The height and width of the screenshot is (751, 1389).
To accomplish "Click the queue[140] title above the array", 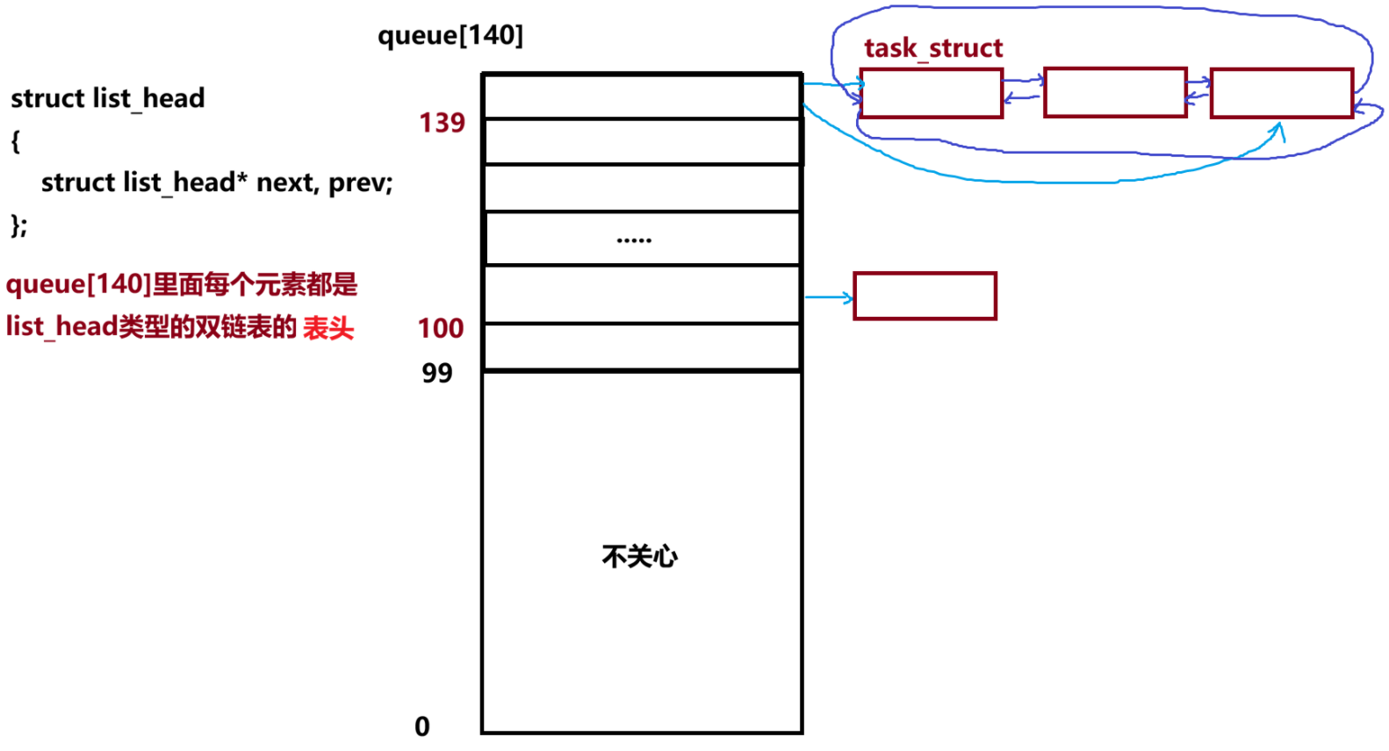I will click(x=450, y=35).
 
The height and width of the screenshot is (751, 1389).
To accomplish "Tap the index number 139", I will click(x=442, y=123).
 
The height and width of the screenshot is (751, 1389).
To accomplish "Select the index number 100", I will click(x=441, y=328).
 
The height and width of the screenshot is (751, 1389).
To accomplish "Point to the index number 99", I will click(x=437, y=373).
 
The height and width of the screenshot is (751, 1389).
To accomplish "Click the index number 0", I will click(x=422, y=726).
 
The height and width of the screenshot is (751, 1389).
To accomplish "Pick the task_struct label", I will click(x=933, y=48).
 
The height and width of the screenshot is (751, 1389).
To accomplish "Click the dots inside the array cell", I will click(x=634, y=240).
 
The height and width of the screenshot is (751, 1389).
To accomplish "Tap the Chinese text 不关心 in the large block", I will click(x=640, y=556).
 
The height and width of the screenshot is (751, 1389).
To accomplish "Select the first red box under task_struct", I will click(x=932, y=93).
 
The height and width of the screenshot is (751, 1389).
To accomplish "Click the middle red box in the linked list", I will click(x=1115, y=92).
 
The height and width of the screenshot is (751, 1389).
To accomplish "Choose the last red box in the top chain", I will click(x=1282, y=93).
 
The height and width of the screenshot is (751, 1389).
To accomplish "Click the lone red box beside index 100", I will click(x=925, y=297).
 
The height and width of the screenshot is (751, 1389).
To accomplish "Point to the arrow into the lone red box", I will click(x=828, y=298).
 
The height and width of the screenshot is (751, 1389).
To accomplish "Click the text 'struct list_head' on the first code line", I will click(x=108, y=98).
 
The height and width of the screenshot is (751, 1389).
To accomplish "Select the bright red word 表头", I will click(x=328, y=328).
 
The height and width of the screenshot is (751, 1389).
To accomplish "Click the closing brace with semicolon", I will click(x=19, y=225).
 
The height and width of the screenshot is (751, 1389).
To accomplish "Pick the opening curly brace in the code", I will click(x=15, y=140).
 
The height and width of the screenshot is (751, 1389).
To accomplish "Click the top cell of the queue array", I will click(x=642, y=96).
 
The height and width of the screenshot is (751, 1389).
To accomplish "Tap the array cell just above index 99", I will click(x=642, y=347).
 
